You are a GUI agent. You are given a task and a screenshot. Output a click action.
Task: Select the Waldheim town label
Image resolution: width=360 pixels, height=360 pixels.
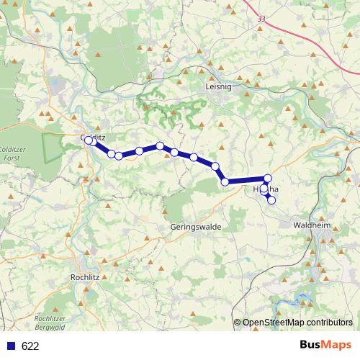[x=312, y=225]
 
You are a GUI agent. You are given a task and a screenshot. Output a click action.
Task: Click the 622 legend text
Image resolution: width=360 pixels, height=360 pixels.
[x=30, y=346]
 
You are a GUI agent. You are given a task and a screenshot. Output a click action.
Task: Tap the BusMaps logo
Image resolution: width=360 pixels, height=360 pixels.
[x=325, y=346]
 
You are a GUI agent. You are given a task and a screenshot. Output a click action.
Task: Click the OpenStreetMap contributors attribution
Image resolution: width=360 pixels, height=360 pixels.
[x=297, y=323]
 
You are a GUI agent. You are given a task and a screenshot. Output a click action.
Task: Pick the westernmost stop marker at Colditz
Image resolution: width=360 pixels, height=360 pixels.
[x=89, y=140]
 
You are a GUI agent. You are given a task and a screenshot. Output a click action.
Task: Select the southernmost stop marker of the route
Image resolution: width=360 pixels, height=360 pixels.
[x=271, y=200]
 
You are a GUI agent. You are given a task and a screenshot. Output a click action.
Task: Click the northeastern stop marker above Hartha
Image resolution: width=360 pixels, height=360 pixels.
[x=268, y=179]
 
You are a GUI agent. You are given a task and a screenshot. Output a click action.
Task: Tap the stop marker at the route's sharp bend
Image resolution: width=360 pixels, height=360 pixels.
[x=225, y=181]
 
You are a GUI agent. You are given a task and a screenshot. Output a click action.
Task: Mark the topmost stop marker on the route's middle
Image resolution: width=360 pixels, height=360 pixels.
[x=160, y=146]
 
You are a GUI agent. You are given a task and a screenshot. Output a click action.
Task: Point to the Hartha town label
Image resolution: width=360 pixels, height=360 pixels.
[x=266, y=190]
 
